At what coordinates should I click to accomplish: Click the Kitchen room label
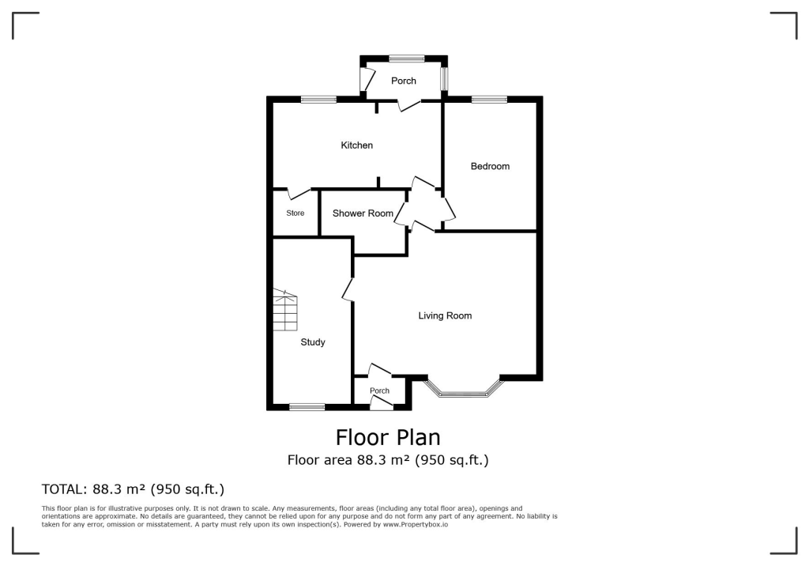[x=356, y=145]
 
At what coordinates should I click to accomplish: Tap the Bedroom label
[x=490, y=166]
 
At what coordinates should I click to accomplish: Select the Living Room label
[x=445, y=315]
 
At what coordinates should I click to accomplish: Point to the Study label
[x=313, y=342]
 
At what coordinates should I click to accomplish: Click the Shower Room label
[x=363, y=213]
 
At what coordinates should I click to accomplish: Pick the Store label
[x=295, y=213]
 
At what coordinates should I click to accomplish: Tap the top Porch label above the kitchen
[x=404, y=81]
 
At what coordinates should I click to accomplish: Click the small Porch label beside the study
[x=380, y=391]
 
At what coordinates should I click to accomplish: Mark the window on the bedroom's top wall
[x=490, y=99]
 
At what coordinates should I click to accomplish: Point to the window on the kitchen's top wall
[x=318, y=99]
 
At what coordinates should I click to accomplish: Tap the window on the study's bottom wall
[x=307, y=407]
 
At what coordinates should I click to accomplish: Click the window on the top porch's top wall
[x=406, y=58]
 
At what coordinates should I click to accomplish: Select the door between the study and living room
[x=348, y=289]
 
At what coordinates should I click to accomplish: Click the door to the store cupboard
[x=299, y=192]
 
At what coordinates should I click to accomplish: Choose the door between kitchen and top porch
[x=409, y=105]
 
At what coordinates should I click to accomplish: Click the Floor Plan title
[x=388, y=437]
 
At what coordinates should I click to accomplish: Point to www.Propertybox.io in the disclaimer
[x=416, y=525]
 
